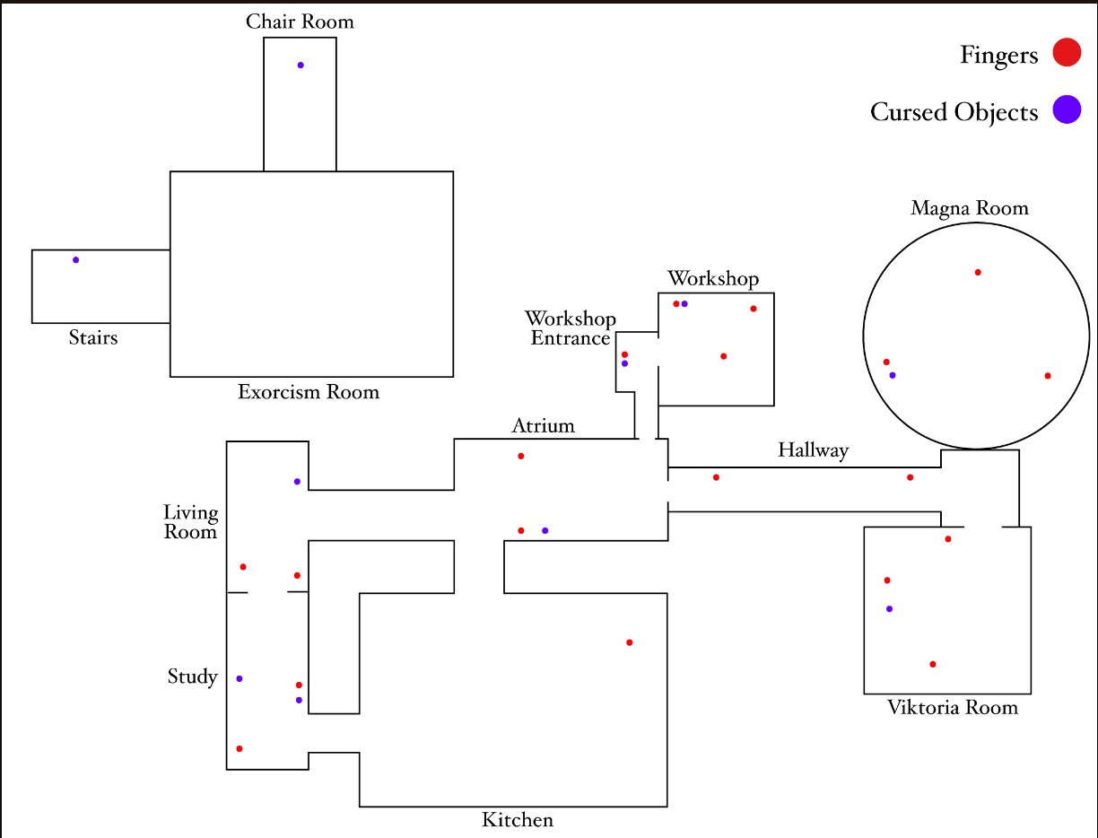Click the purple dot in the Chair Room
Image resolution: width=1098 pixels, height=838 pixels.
coord(301,65)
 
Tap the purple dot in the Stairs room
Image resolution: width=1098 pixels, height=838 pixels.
coord(76,260)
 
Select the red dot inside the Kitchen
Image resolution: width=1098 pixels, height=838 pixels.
coord(629,642)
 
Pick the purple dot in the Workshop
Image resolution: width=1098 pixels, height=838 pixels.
coord(684,304)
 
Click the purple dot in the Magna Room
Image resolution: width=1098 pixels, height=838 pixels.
coord(893,375)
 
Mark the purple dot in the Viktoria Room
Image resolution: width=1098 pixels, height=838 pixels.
coord(889,609)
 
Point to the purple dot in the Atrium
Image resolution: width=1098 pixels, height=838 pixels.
coord(545,531)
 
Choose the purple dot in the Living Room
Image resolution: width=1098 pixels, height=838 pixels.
coord(297,482)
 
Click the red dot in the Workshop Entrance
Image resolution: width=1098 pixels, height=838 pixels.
coord(624,354)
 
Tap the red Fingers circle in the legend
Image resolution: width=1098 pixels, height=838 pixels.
coord(1067,53)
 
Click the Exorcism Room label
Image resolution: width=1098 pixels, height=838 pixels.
coord(309,392)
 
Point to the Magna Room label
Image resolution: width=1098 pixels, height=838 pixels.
coord(970,209)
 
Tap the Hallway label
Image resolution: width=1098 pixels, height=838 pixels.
coord(813,450)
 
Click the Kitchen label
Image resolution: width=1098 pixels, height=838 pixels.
coord(518,820)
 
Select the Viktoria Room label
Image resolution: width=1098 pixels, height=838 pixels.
coord(953,707)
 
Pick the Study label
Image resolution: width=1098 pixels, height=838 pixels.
coord(193,677)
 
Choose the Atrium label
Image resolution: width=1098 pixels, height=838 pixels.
coord(543,425)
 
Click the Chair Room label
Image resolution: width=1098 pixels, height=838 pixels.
coord(301,22)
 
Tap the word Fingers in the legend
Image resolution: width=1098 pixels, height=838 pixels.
coord(998,56)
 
